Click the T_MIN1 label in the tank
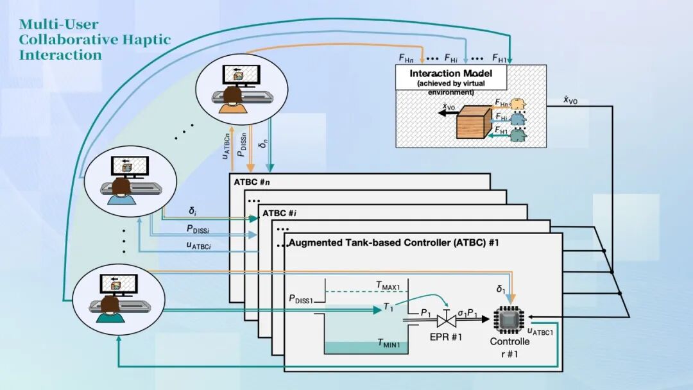pos(389,344)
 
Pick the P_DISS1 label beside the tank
pos(302,298)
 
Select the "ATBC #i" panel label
pos(280,212)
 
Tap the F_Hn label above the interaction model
pos(406,58)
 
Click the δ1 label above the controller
pos(501,290)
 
